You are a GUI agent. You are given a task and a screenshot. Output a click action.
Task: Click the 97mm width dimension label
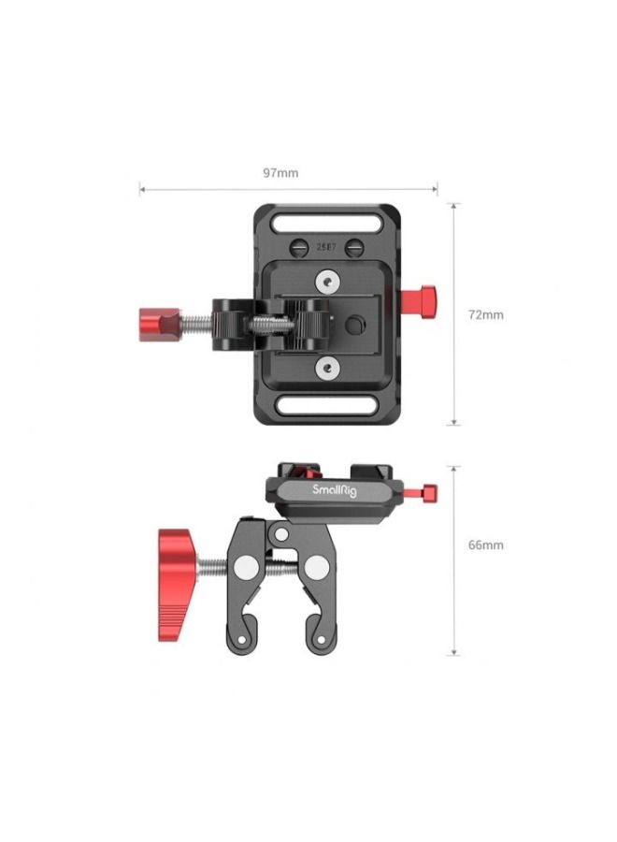(x=280, y=173)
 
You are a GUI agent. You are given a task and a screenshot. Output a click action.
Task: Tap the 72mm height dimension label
(x=485, y=314)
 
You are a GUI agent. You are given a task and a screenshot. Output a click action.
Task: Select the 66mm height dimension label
(x=485, y=544)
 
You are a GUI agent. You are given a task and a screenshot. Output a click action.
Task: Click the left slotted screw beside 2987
(x=300, y=249)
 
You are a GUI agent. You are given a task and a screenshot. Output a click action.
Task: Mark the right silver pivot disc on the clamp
(x=317, y=567)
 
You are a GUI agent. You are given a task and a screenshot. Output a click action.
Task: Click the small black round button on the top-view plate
(x=352, y=324)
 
